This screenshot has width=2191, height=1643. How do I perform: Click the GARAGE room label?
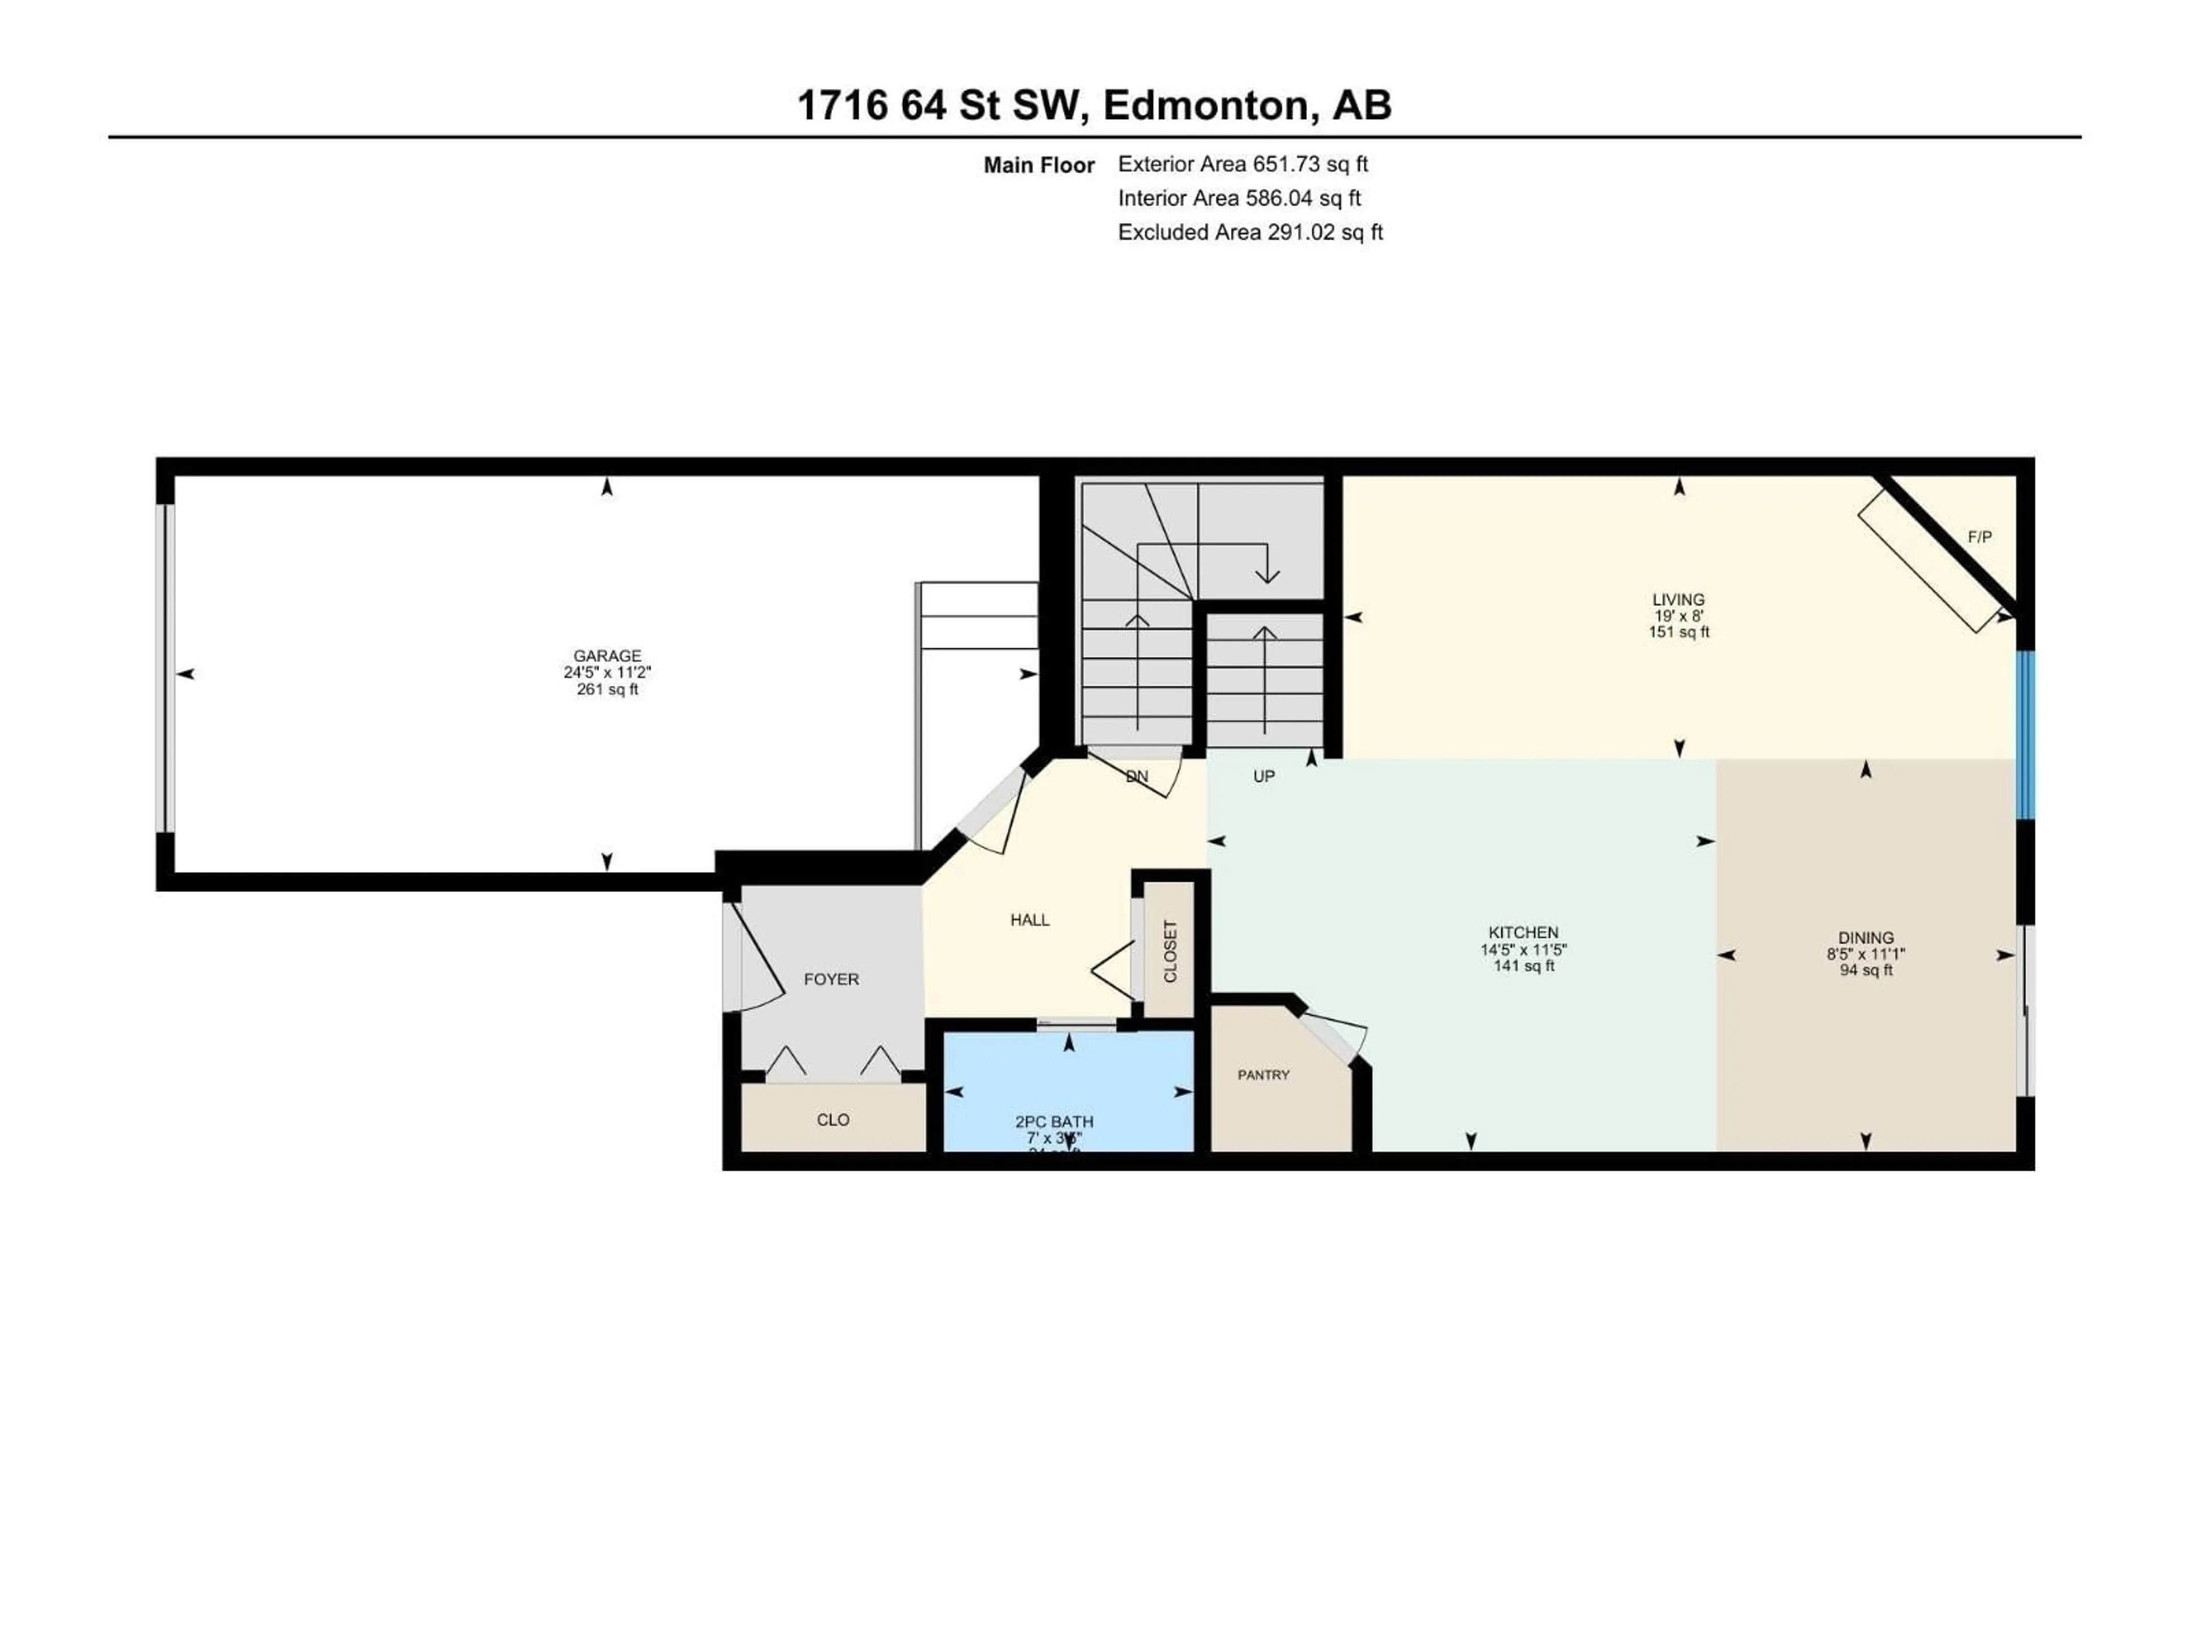pyautogui.click(x=607, y=655)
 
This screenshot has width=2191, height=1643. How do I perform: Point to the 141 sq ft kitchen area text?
pyautogui.click(x=1523, y=966)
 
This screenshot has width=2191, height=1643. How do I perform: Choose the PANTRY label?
pyautogui.click(x=1263, y=1075)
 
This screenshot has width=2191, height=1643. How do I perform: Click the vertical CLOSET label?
pyautogui.click(x=1170, y=952)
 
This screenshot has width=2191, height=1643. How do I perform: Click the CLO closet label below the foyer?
pyautogui.click(x=833, y=1120)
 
